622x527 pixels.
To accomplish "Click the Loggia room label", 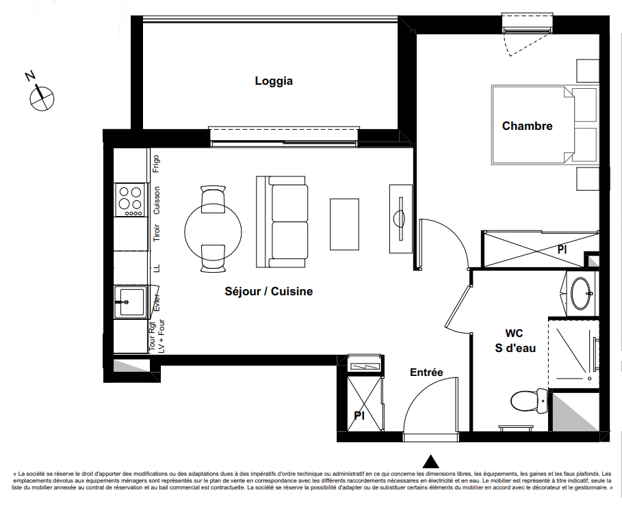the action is tap(274, 81).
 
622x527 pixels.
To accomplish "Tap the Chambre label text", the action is tap(527, 126).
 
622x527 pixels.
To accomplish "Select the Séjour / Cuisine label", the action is tap(268, 291).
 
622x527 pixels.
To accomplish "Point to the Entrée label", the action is tap(426, 372).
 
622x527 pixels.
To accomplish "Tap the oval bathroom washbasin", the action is tap(582, 293).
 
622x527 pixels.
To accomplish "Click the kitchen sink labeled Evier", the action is tap(131, 302).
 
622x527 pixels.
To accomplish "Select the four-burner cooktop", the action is tap(131, 200).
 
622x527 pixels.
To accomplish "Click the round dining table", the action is tap(213, 232).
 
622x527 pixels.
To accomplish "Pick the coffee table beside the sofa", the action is tap(344, 224).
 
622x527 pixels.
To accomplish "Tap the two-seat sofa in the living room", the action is tap(282, 222).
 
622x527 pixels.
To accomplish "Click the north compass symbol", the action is tap(41, 96).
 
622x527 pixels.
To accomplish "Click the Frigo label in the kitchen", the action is tap(156, 163).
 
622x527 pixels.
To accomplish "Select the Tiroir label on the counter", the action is tap(157, 232).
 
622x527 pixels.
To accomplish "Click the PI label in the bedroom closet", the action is tap(562, 249).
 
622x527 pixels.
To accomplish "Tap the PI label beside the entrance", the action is tap(359, 416).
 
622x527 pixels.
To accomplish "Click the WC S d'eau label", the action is tap(515, 341).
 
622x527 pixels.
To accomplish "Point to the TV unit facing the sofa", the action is tap(401, 218).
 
